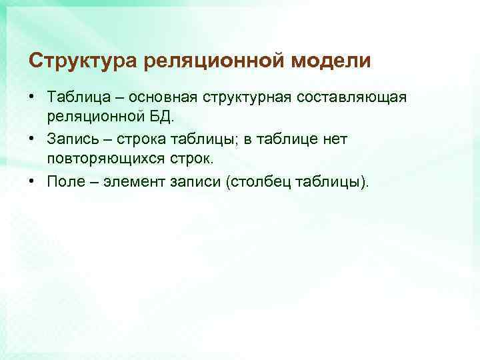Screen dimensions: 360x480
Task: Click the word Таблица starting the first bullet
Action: click(75, 97)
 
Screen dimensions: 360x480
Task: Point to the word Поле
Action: click(65, 180)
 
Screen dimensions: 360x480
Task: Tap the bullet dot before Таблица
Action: click(32, 97)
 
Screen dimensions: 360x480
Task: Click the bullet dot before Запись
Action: click(32, 139)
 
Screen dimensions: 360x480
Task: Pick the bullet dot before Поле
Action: click(32, 180)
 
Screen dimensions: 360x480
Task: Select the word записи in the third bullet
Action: click(196, 180)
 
